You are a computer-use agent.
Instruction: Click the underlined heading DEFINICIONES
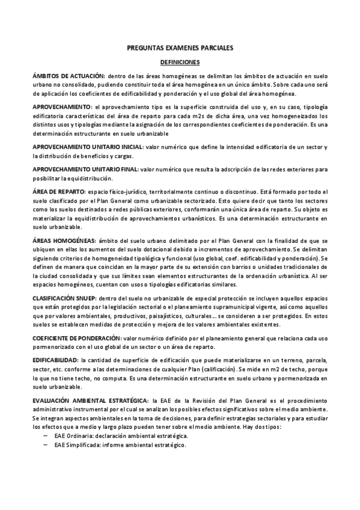click(180, 61)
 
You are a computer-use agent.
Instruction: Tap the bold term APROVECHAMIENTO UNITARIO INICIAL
click(88, 147)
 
